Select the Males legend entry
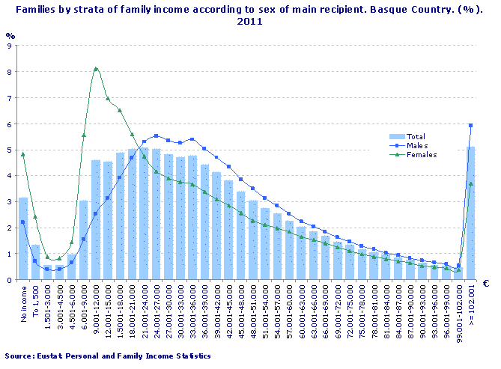pyautogui.click(x=416, y=145)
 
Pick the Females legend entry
pyautogui.click(x=419, y=154)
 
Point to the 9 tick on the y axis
pyautogui.click(x=8, y=46)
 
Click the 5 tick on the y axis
pyautogui.click(x=8, y=150)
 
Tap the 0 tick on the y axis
pyautogui.click(x=8, y=280)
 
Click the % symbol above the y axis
pyautogui.click(x=10, y=35)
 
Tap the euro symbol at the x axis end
pyautogui.click(x=485, y=284)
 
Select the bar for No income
pyautogui.click(x=23, y=239)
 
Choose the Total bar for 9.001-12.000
pyautogui.click(x=96, y=220)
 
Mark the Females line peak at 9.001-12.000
pyautogui.click(x=96, y=69)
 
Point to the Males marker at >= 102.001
pyautogui.click(x=470, y=126)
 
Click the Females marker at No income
pyautogui.click(x=23, y=154)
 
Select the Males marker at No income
pyautogui.click(x=23, y=222)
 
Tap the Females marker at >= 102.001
pyautogui.click(x=470, y=183)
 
